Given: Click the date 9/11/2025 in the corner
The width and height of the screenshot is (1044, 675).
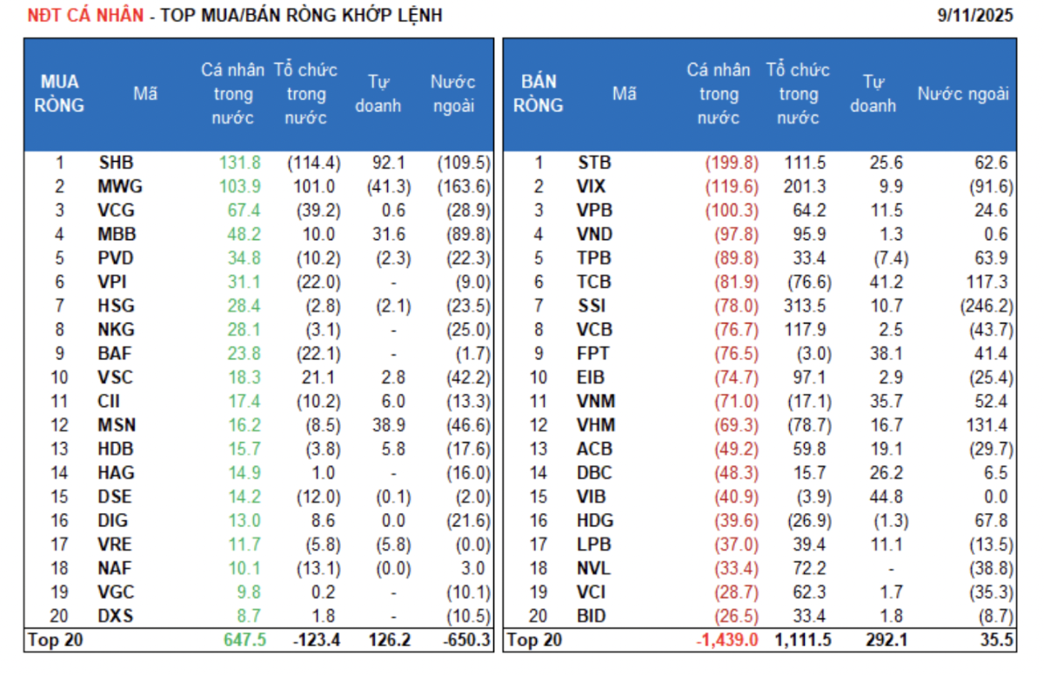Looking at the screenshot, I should (976, 16).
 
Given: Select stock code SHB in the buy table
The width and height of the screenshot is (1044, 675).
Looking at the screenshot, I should (116, 163).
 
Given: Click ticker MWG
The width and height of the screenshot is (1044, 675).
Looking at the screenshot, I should (120, 186).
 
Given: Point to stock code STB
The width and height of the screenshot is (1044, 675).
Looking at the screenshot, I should (594, 163).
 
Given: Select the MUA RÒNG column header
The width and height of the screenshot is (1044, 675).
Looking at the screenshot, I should (60, 94).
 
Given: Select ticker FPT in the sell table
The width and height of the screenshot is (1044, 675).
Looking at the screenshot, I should (594, 354).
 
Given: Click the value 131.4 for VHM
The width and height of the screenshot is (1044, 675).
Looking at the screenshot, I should (988, 425).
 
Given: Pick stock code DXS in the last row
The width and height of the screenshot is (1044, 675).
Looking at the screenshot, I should (116, 616).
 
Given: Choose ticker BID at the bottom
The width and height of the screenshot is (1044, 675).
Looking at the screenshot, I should (593, 616).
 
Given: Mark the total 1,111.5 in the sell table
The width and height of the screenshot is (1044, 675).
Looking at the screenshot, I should (800, 640).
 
